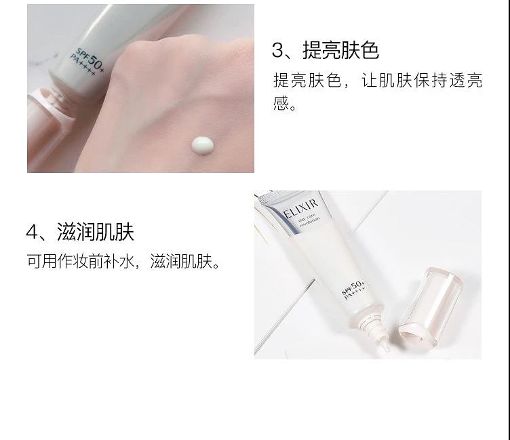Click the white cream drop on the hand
point(202,145)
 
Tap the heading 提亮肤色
point(341,50)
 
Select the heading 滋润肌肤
point(96,232)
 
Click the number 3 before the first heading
point(278,51)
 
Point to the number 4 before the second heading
point(32,232)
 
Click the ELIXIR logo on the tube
point(300,209)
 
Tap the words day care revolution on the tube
point(309,221)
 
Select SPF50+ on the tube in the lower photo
point(353,287)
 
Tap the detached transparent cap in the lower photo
point(430,306)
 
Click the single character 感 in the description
point(281,103)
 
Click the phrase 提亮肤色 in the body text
point(307,80)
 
